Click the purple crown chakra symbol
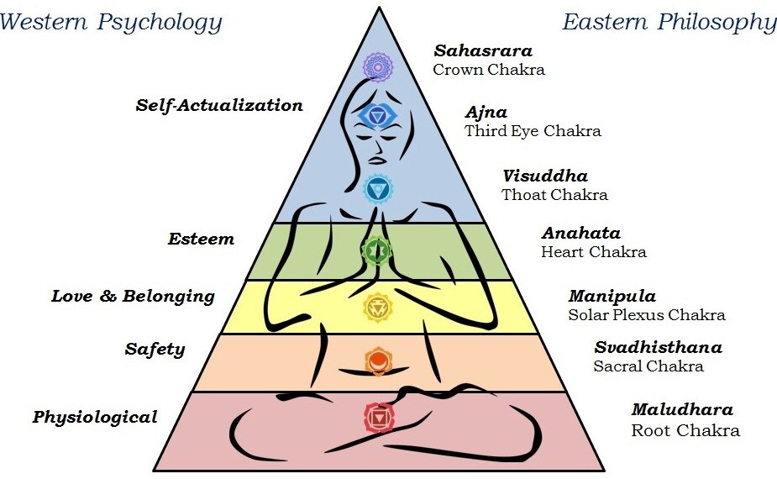378,66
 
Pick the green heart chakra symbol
376,250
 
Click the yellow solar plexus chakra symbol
376,308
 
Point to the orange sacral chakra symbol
378,361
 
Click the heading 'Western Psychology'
111,21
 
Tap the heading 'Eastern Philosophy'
669,22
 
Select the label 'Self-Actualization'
218,106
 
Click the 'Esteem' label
201,239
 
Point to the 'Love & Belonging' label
133,296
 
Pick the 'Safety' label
155,349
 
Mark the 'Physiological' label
95,417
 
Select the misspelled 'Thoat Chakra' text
554,195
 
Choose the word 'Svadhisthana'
658,347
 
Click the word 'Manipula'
612,296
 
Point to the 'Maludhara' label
682,410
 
